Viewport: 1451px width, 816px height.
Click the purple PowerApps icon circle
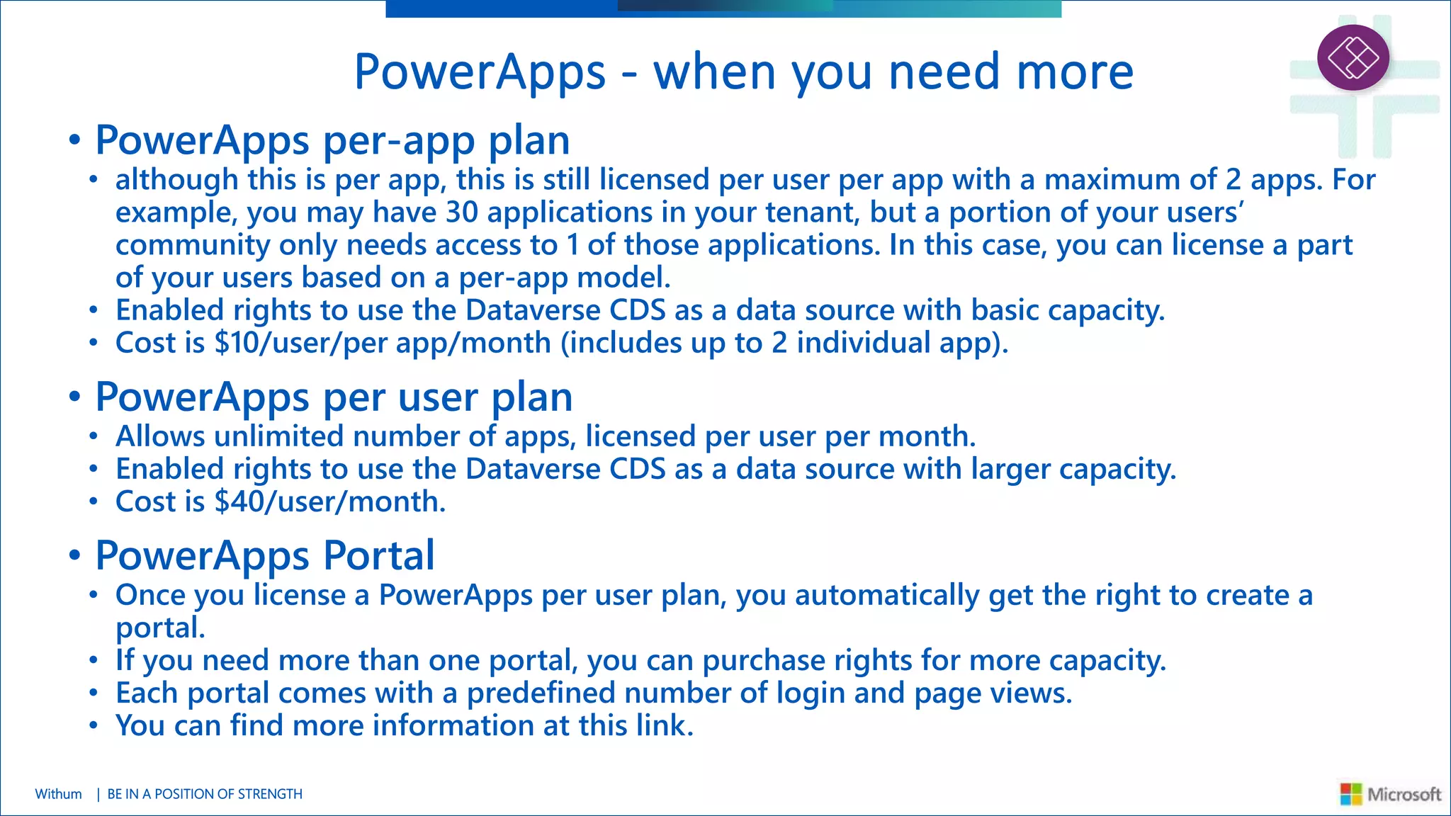tap(1353, 57)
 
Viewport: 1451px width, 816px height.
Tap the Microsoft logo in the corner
tap(1390, 794)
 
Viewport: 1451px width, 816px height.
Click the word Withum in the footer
tap(58, 794)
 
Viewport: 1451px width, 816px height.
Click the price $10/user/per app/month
tap(383, 344)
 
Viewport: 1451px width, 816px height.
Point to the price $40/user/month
tap(330, 502)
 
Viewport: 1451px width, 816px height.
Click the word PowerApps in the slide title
tap(480, 72)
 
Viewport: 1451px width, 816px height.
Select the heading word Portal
tap(378, 555)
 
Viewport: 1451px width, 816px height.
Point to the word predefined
tap(541, 693)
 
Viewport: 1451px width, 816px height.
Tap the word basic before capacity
tap(1005, 311)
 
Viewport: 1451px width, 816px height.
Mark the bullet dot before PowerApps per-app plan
tap(74, 140)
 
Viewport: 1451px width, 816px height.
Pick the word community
tap(192, 246)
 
